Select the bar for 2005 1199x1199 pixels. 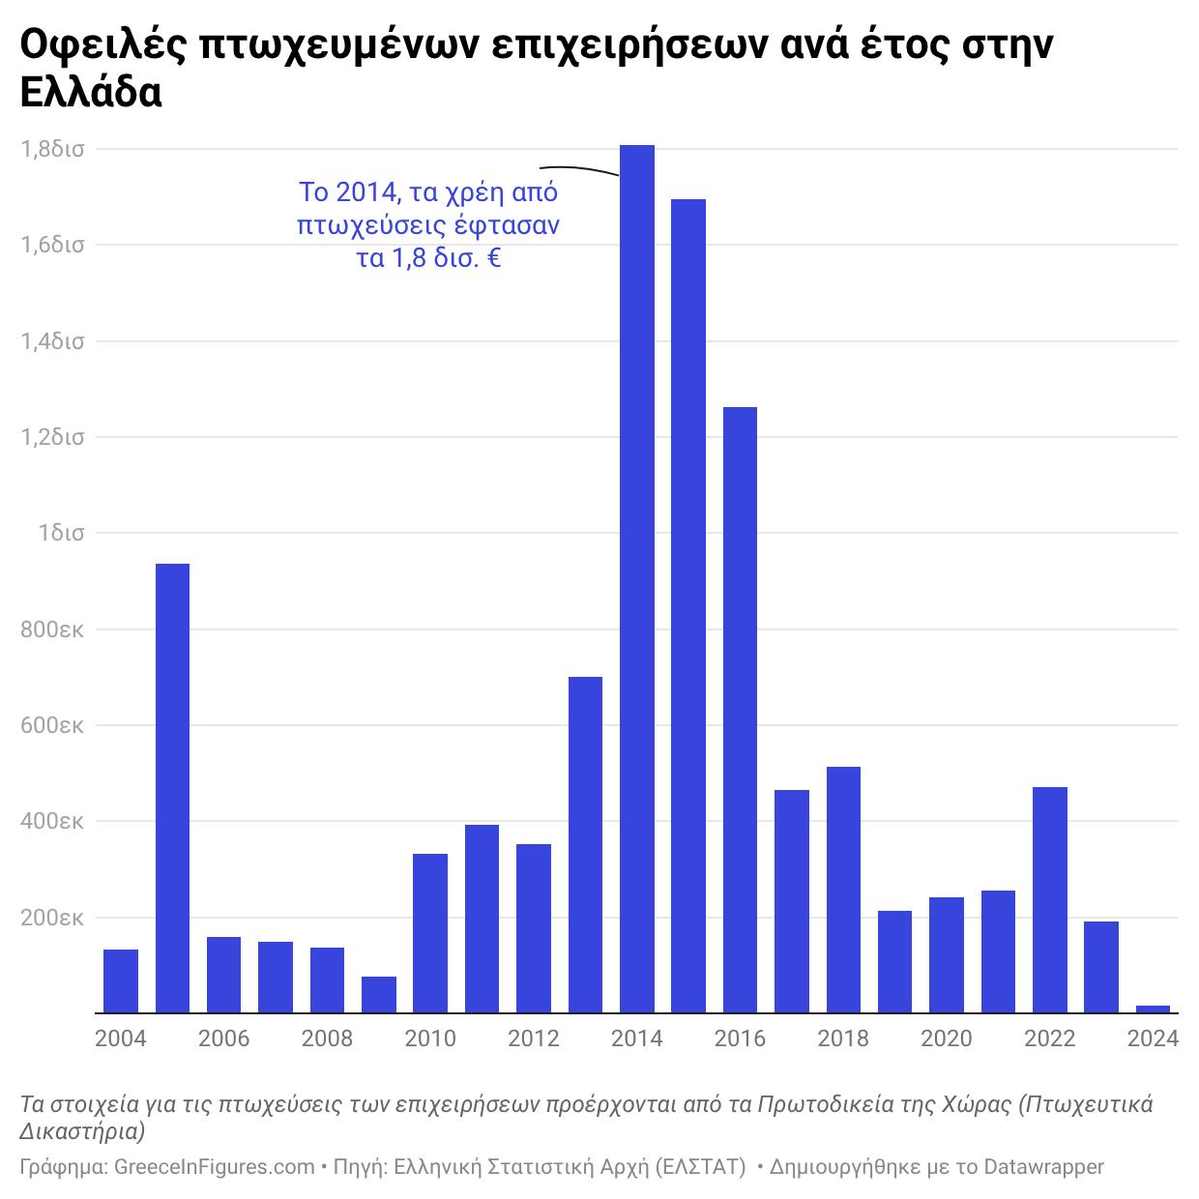pos(172,788)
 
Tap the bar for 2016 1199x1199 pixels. pos(740,710)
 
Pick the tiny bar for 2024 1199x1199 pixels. pos(1153,1009)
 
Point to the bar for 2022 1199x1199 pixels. pos(1049,899)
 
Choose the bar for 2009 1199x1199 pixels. pos(379,995)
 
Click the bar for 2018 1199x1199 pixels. pos(843,890)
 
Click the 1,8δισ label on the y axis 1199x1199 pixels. pos(52,149)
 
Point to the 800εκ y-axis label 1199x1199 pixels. pos(52,629)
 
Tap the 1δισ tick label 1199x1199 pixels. pos(61,533)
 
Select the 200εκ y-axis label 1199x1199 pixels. pos(52,918)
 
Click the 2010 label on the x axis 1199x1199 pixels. pos(430,1038)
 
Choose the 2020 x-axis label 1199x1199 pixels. pos(947,1038)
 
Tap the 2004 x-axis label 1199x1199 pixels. pos(121,1038)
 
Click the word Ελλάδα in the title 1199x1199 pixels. pos(91,92)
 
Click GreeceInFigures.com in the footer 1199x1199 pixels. pos(215,1167)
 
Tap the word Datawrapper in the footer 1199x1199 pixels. pos(1043,1167)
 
